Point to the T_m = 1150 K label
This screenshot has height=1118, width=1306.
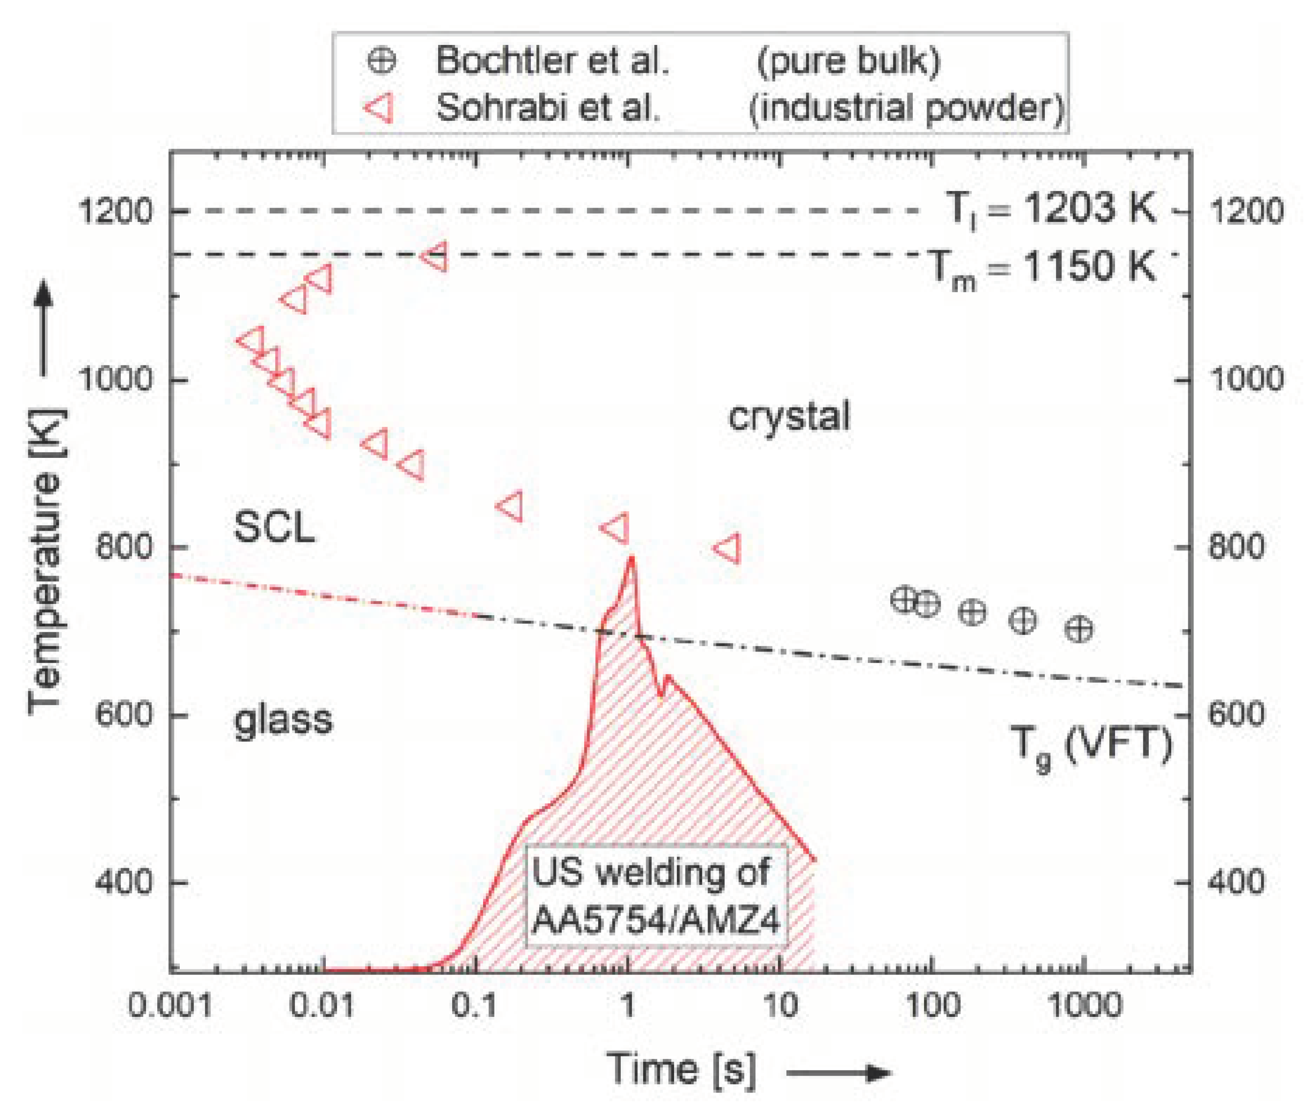click(x=1043, y=268)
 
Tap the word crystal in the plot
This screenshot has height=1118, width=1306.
click(x=789, y=417)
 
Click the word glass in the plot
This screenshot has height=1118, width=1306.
click(x=283, y=719)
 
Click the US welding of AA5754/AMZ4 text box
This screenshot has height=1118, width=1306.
click(x=656, y=896)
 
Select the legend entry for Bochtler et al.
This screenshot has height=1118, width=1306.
click(x=551, y=61)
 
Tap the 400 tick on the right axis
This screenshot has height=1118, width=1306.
click(x=1236, y=882)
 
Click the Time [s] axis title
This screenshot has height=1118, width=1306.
click(x=681, y=1069)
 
